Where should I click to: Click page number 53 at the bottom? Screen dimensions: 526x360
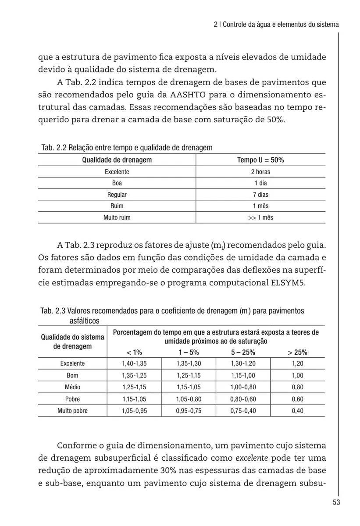336,502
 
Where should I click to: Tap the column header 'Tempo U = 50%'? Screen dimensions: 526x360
260,160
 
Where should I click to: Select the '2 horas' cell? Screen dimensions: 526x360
260,172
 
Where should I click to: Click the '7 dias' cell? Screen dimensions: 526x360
260,195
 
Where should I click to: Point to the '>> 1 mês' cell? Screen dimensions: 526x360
260,217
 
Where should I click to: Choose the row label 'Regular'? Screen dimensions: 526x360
117,195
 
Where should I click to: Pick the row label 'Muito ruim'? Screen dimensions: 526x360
117,217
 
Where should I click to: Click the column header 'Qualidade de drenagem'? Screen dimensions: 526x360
117,160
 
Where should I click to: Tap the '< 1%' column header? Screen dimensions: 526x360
134,352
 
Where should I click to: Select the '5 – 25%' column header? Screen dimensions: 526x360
243,352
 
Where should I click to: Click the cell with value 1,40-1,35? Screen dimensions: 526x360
134,364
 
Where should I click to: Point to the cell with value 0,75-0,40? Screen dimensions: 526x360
243,411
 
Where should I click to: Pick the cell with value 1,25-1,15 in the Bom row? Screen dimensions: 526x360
189,376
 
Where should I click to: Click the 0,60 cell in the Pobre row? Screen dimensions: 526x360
297,399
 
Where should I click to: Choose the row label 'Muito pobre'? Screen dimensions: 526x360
72,411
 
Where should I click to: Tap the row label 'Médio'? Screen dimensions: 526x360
72,387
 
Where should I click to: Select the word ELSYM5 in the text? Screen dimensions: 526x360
285,282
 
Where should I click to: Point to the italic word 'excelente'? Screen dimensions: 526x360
251,458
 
